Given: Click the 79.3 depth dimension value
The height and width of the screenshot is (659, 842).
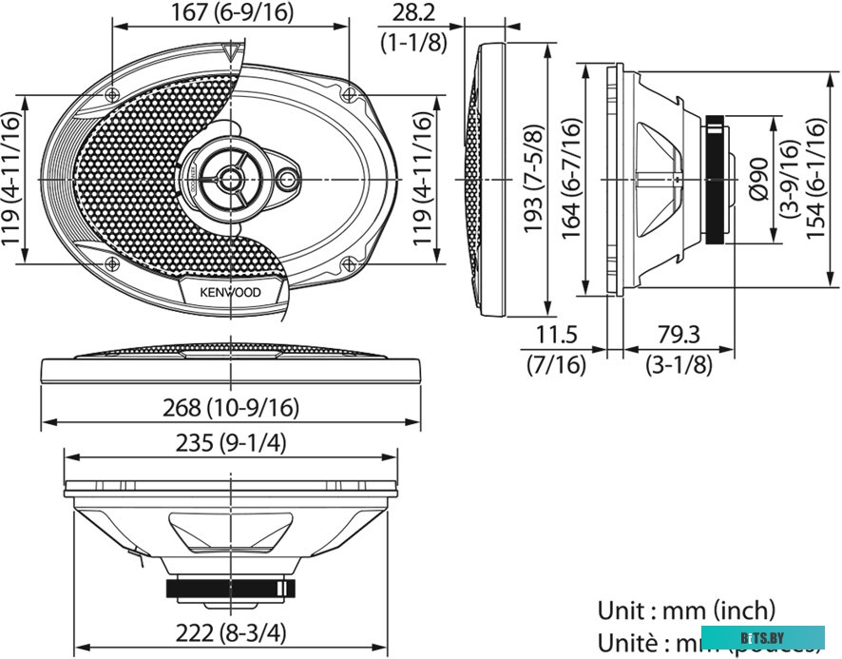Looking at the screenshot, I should click(679, 336).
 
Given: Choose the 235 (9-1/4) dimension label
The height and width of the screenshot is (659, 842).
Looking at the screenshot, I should click(232, 443).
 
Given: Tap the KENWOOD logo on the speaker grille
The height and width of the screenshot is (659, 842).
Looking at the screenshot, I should click(229, 291).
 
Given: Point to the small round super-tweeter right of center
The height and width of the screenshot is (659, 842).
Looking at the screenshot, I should click(288, 178).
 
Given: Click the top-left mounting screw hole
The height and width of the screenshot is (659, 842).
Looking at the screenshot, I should click(113, 94).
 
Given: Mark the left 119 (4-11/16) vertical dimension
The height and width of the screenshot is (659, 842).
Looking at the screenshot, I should click(11, 180).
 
